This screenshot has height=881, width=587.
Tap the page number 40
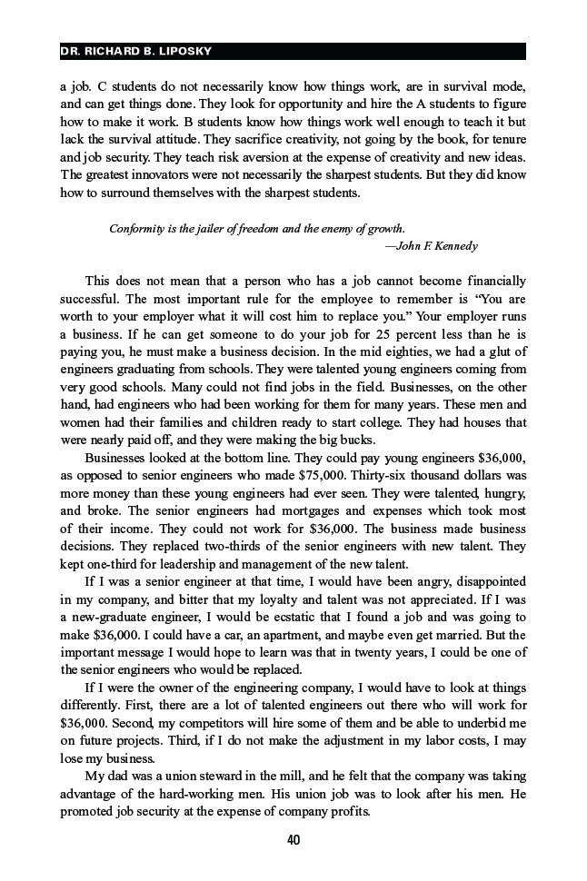pos(293,840)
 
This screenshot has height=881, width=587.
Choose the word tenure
pos(504,141)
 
